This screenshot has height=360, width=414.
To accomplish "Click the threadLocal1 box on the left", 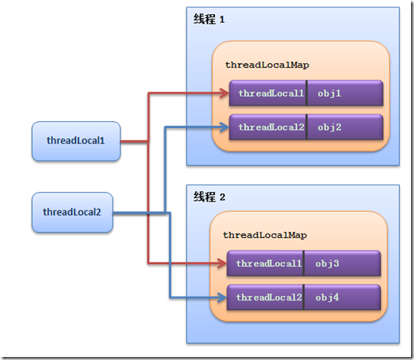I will point(76,141).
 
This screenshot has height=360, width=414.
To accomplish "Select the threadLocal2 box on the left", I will point(72,212).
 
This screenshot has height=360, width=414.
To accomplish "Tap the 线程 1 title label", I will point(209,20).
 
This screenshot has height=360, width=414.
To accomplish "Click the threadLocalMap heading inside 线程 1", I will point(267,65).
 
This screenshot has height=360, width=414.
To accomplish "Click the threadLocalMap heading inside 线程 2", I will point(264,235).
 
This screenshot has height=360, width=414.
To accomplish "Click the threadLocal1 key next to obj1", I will point(270,94).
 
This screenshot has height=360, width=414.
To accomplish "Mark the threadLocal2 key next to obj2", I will point(270,127).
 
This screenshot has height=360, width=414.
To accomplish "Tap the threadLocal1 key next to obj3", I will point(268,264).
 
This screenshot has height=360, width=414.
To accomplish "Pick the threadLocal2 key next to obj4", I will point(268,298).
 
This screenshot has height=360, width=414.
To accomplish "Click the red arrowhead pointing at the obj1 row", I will point(224,94).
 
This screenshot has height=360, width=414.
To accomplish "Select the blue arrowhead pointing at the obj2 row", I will point(224,127).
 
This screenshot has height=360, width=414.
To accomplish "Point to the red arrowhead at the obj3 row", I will point(222,263).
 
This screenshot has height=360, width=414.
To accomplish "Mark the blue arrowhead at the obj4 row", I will point(222,298).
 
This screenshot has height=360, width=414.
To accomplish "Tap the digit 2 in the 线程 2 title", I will point(222,197).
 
